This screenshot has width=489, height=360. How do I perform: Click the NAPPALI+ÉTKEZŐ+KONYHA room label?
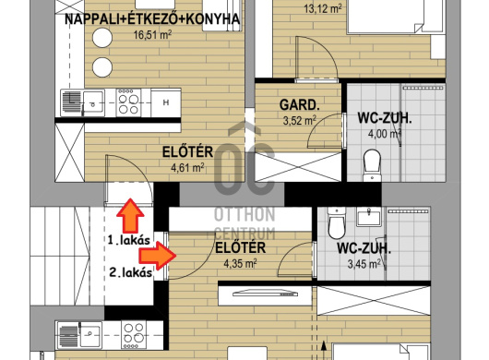point(152,19)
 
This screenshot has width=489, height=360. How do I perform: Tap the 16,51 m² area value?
point(152,35)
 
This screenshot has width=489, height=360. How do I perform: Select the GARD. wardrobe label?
point(299,105)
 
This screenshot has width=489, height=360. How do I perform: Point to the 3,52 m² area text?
point(299,120)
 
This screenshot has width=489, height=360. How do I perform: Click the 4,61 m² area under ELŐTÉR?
point(187,168)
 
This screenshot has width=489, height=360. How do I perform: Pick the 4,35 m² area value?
point(240,264)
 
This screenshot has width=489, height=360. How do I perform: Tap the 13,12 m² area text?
point(323,8)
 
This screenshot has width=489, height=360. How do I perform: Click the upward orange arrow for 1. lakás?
point(130,216)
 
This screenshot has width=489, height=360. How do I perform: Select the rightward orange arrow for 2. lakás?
point(158,256)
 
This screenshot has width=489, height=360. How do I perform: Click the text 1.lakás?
point(129,240)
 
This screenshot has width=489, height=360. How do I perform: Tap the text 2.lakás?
point(131,272)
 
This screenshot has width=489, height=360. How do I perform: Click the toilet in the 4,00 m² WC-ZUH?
point(372,165)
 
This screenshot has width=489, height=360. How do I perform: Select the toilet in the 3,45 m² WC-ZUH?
point(337,222)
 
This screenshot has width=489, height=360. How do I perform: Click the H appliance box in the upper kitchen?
point(166,102)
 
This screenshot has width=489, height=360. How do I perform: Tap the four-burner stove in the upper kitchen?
point(128,102)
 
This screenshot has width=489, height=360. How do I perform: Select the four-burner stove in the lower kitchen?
point(134,335)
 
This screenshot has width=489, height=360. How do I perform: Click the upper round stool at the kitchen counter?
point(102,38)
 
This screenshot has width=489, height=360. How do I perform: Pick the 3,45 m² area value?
point(364,264)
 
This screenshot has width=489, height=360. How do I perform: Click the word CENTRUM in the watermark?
point(245,233)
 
